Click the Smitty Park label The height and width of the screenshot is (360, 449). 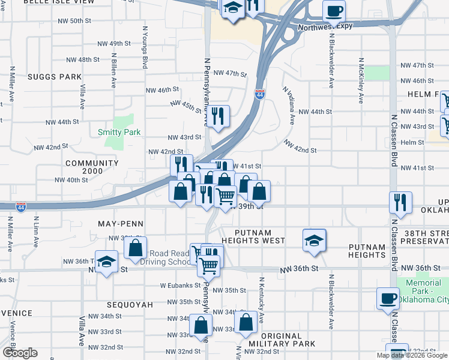coord(119,132)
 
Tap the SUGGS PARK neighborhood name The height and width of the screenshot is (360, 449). coord(54,77)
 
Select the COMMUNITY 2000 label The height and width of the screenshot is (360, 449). coord(92,167)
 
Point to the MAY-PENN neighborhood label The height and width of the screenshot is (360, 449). coord(120,223)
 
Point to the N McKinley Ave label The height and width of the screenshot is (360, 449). coord(361,81)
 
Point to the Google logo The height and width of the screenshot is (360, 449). coord(20,353)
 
